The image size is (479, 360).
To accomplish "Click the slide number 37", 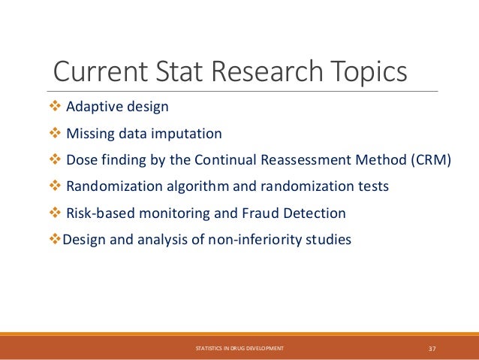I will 432,348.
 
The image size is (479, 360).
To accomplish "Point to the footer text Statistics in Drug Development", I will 239,349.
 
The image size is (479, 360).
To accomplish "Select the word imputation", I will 188,134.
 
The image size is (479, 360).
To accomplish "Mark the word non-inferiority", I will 259,241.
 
